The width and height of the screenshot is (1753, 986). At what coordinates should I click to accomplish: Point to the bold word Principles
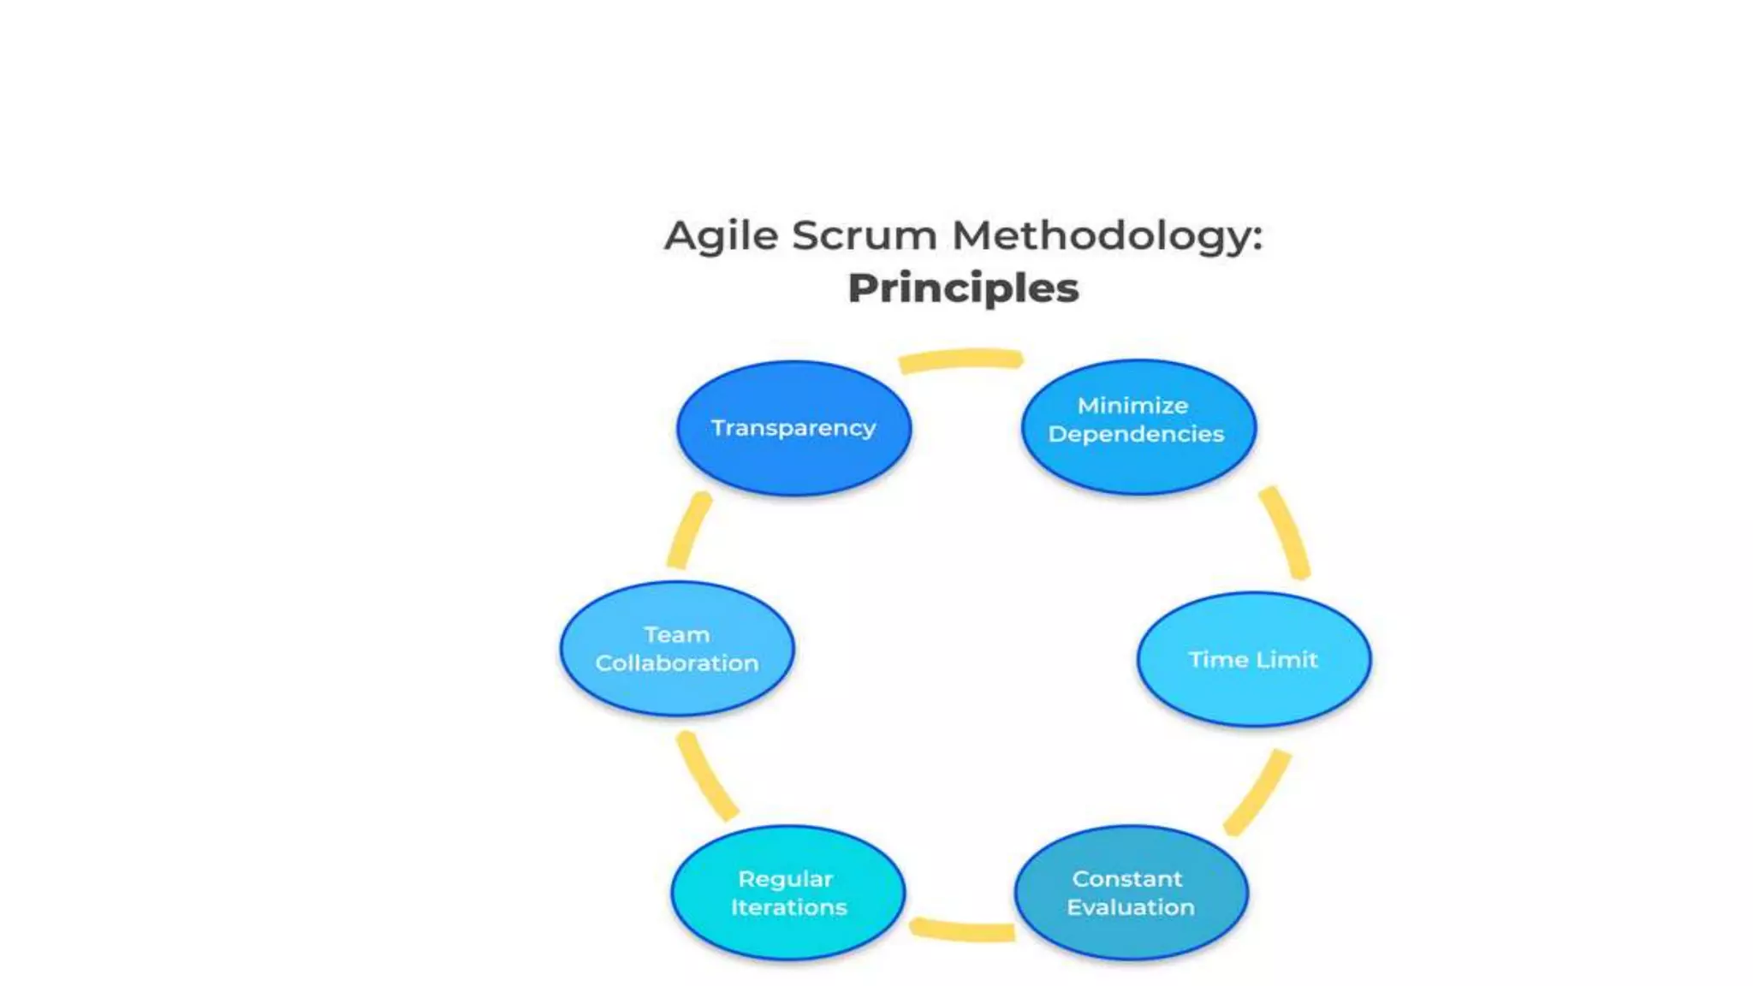pos(963,288)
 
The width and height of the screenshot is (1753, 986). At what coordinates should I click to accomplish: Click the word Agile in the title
pos(721,235)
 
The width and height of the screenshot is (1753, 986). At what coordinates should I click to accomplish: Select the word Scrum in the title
pos(864,235)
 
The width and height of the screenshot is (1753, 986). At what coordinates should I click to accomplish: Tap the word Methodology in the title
pos(1107,235)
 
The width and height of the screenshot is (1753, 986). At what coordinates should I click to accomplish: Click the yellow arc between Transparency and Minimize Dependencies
pos(960,359)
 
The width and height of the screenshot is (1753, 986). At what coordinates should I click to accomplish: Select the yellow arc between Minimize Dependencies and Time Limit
pos(1286,532)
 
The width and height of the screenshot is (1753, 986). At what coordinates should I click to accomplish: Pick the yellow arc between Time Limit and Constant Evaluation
pos(1257,793)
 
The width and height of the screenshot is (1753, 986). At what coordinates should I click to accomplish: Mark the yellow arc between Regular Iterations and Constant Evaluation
pos(962,930)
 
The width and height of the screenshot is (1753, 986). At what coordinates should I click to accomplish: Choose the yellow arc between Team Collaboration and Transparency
pos(688,531)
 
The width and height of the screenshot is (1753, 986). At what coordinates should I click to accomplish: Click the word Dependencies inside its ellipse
pos(1136,434)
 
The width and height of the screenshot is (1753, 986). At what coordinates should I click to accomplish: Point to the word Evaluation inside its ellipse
pos(1130,907)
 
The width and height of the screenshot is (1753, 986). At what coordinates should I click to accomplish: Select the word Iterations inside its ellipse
pos(788,907)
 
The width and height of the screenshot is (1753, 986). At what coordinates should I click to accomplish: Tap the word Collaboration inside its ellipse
pos(677,663)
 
